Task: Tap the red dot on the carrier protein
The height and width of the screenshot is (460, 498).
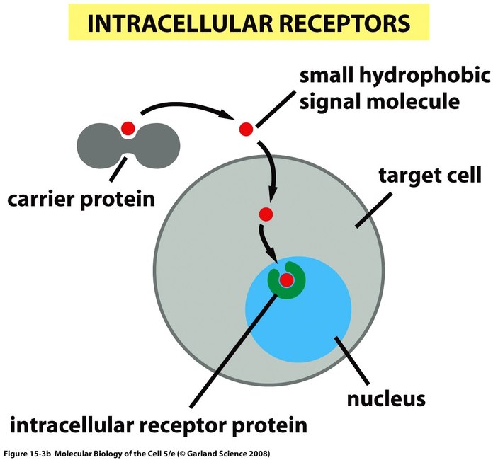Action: point(128,128)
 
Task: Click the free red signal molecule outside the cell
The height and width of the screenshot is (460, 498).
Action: point(246,130)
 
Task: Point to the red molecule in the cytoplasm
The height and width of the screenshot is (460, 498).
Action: point(266,214)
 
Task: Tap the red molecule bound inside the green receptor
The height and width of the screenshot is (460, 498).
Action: point(286,280)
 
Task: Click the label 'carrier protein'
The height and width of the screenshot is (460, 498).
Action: point(81,200)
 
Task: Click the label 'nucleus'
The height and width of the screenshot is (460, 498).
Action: point(386,398)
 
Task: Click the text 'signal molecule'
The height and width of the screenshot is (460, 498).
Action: point(380,101)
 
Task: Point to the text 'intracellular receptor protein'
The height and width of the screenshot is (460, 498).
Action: point(159,426)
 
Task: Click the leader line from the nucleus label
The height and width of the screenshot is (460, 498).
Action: point(351,361)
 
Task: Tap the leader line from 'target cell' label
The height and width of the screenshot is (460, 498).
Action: point(373,209)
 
